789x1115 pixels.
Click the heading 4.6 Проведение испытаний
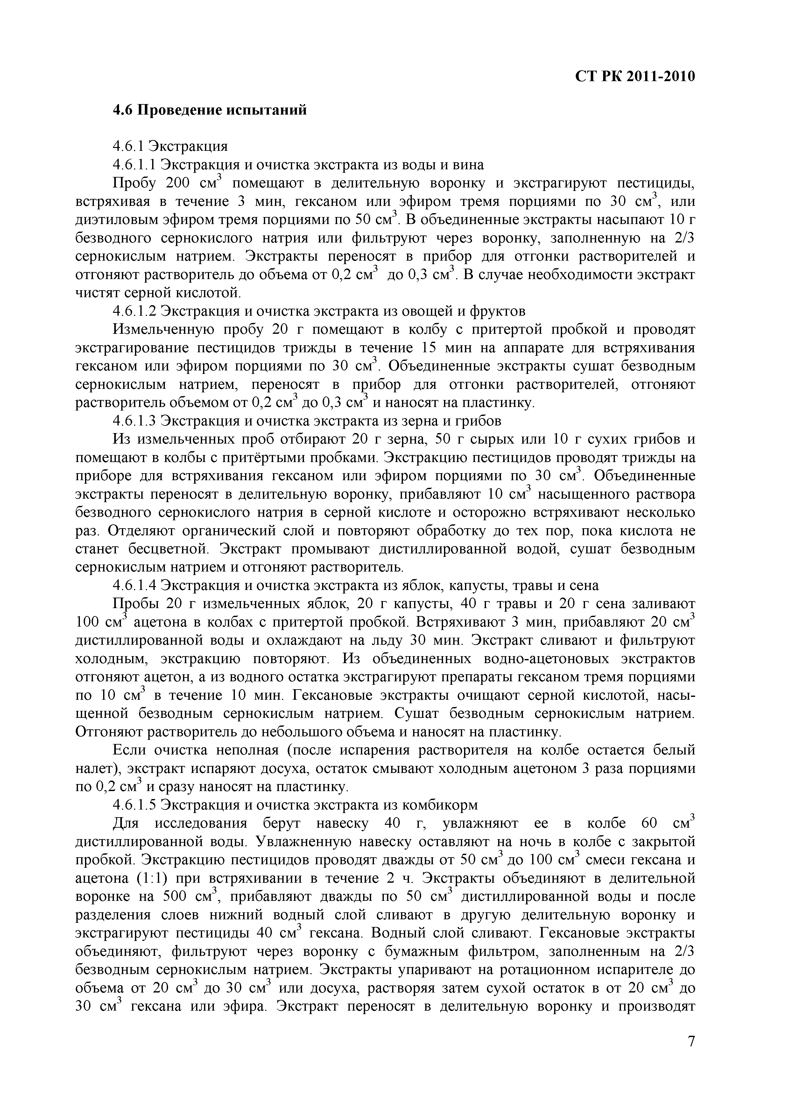(x=210, y=110)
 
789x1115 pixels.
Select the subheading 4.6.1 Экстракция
(x=170, y=146)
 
